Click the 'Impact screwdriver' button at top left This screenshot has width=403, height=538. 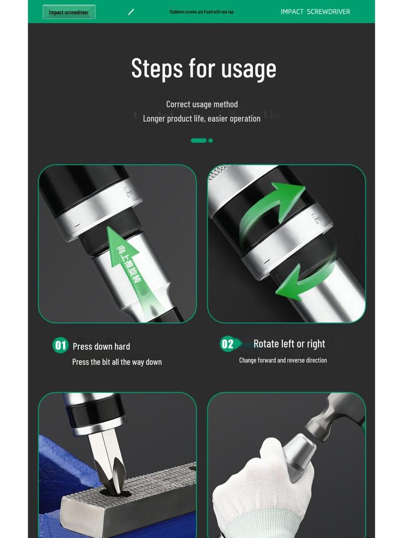[x=69, y=12]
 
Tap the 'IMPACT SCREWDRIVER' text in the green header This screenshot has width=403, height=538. [x=315, y=12]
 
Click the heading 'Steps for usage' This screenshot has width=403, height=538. [x=204, y=69]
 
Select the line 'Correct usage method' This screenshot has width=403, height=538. [x=202, y=104]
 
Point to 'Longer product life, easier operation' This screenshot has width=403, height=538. [x=202, y=119]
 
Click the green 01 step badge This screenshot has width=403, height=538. [x=61, y=345]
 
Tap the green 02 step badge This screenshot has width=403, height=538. [x=227, y=344]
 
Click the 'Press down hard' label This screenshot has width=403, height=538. [x=101, y=346]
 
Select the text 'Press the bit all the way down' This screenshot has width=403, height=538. [x=117, y=362]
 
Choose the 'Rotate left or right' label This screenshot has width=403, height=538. [x=289, y=344]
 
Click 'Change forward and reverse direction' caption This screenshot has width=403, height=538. [x=283, y=360]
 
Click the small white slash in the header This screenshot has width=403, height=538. [x=131, y=12]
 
